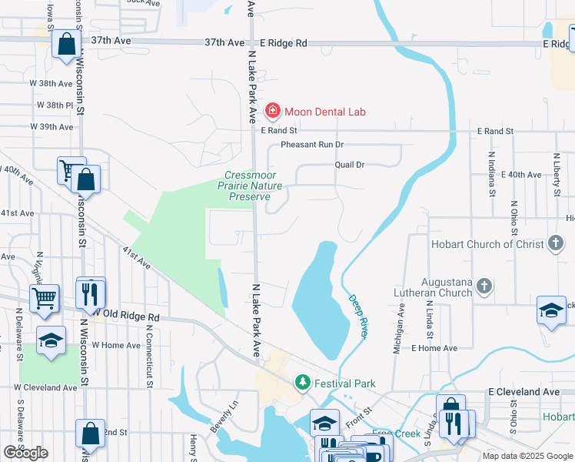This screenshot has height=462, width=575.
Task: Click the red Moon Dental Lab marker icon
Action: (x=272, y=111)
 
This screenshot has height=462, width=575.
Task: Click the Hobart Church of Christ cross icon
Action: (x=556, y=244)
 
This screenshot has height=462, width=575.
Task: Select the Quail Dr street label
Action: (x=349, y=165)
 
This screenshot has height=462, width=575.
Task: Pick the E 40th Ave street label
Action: (x=521, y=175)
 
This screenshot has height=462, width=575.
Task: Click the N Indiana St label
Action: (x=490, y=174)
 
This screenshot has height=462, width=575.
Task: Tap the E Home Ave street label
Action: (x=434, y=348)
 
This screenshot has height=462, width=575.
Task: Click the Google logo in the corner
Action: (x=25, y=453)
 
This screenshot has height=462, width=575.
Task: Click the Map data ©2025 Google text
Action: (x=527, y=456)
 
